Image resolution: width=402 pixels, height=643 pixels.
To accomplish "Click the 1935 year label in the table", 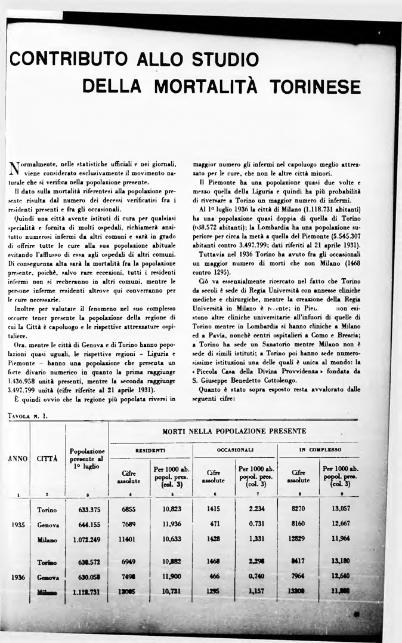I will click(x=17, y=525).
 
